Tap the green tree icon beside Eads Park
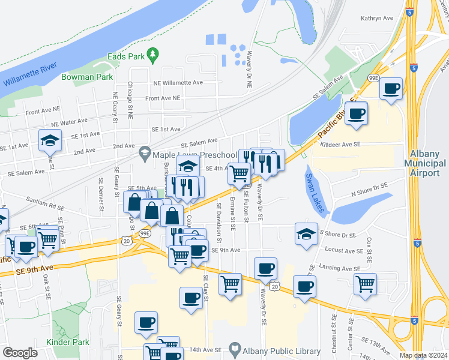coord(153,55)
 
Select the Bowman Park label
coord(87,77)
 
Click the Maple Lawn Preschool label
coord(194,155)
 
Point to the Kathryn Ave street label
coord(376,19)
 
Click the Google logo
coord(20,353)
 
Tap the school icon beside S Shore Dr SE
coord(306,234)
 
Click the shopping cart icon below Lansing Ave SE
coord(365,284)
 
